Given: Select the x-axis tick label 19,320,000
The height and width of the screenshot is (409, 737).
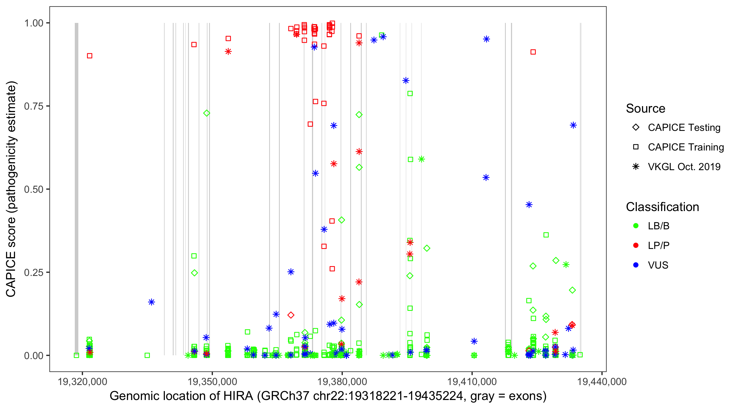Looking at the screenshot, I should [82, 381].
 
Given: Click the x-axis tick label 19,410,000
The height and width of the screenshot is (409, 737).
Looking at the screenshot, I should [472, 381].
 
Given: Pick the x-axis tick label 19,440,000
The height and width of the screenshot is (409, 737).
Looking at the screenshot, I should [602, 381].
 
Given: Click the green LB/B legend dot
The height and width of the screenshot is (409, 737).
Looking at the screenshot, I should [636, 226].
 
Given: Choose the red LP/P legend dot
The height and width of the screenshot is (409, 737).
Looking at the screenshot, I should [636, 245].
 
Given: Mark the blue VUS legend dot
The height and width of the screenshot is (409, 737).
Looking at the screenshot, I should [636, 265].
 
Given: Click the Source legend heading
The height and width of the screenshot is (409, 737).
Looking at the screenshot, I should [646, 109].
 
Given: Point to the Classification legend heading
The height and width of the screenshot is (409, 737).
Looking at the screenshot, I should [662, 207].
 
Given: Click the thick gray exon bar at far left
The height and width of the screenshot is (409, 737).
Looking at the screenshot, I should [76, 189].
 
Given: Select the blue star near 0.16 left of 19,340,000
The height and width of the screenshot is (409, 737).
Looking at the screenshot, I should [151, 302].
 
